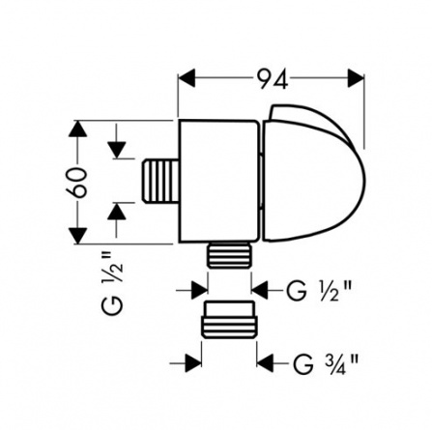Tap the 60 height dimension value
click(x=76, y=182)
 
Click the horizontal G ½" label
click(x=318, y=291)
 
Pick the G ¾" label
click(x=326, y=363)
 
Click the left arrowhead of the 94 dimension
click(x=187, y=77)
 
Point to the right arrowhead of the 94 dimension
click(x=356, y=77)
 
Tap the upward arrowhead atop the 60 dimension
click(x=77, y=129)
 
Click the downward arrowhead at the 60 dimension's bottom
click(x=77, y=236)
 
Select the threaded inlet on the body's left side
click(x=160, y=182)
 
